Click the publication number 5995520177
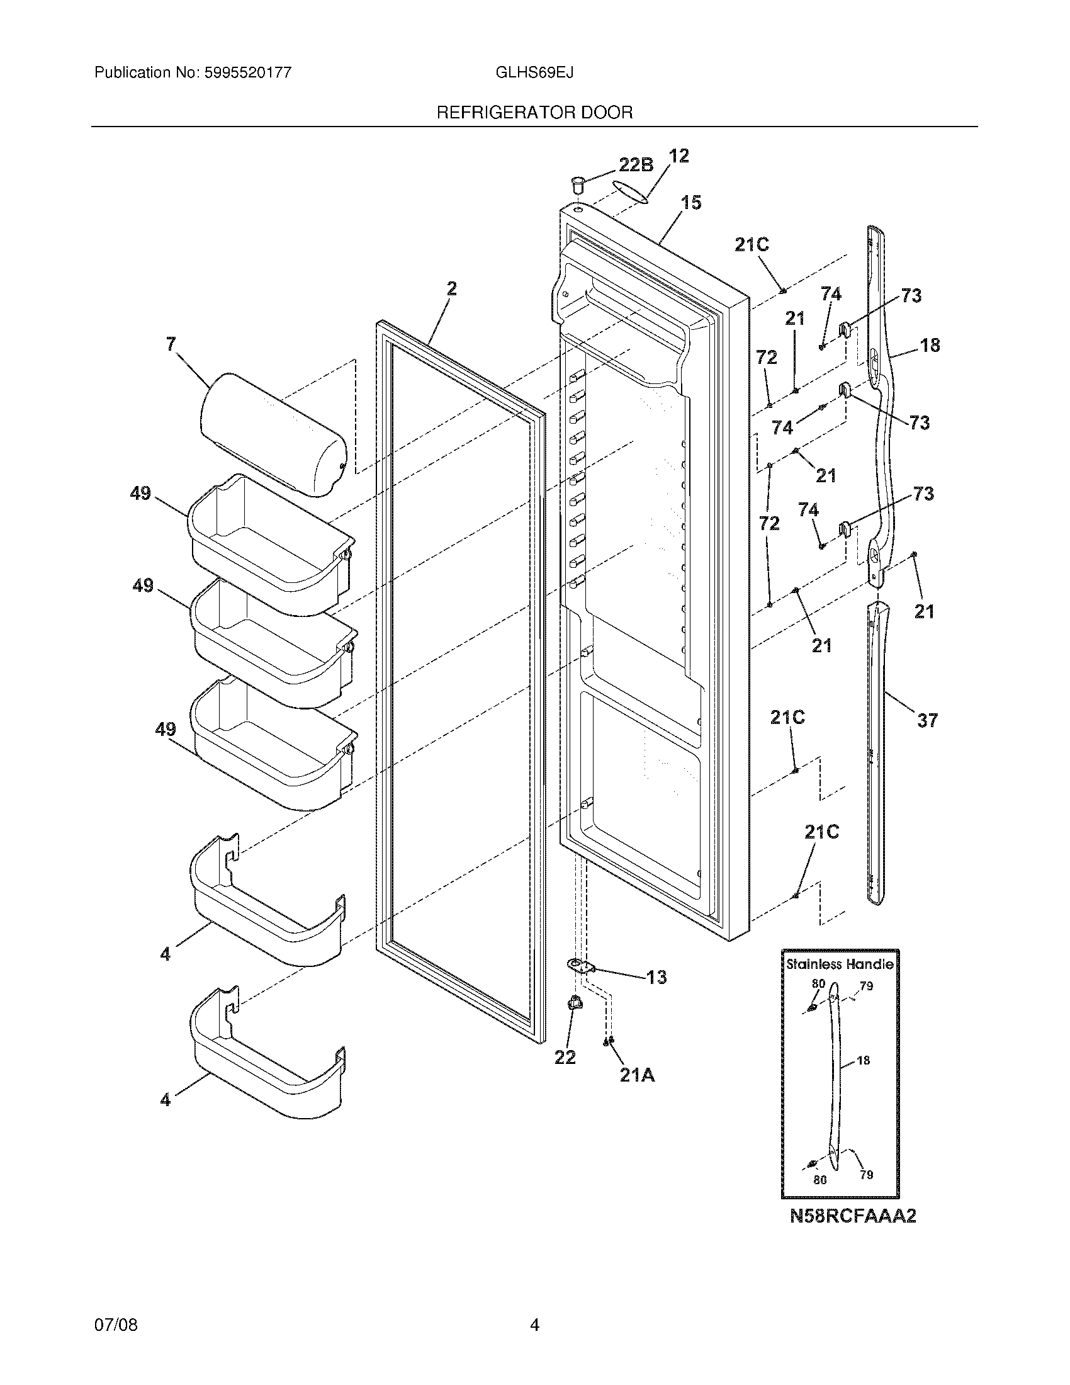[248, 73]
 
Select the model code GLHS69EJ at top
[534, 73]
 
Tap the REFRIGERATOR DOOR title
[534, 113]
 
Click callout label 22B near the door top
[635, 165]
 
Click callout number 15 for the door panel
[691, 203]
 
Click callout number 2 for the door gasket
[451, 289]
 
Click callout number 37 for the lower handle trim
[926, 720]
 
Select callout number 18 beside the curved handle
[929, 346]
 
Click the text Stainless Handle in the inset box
[839, 964]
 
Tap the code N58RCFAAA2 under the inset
[853, 1216]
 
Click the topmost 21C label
[752, 245]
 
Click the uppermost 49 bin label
[140, 493]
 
